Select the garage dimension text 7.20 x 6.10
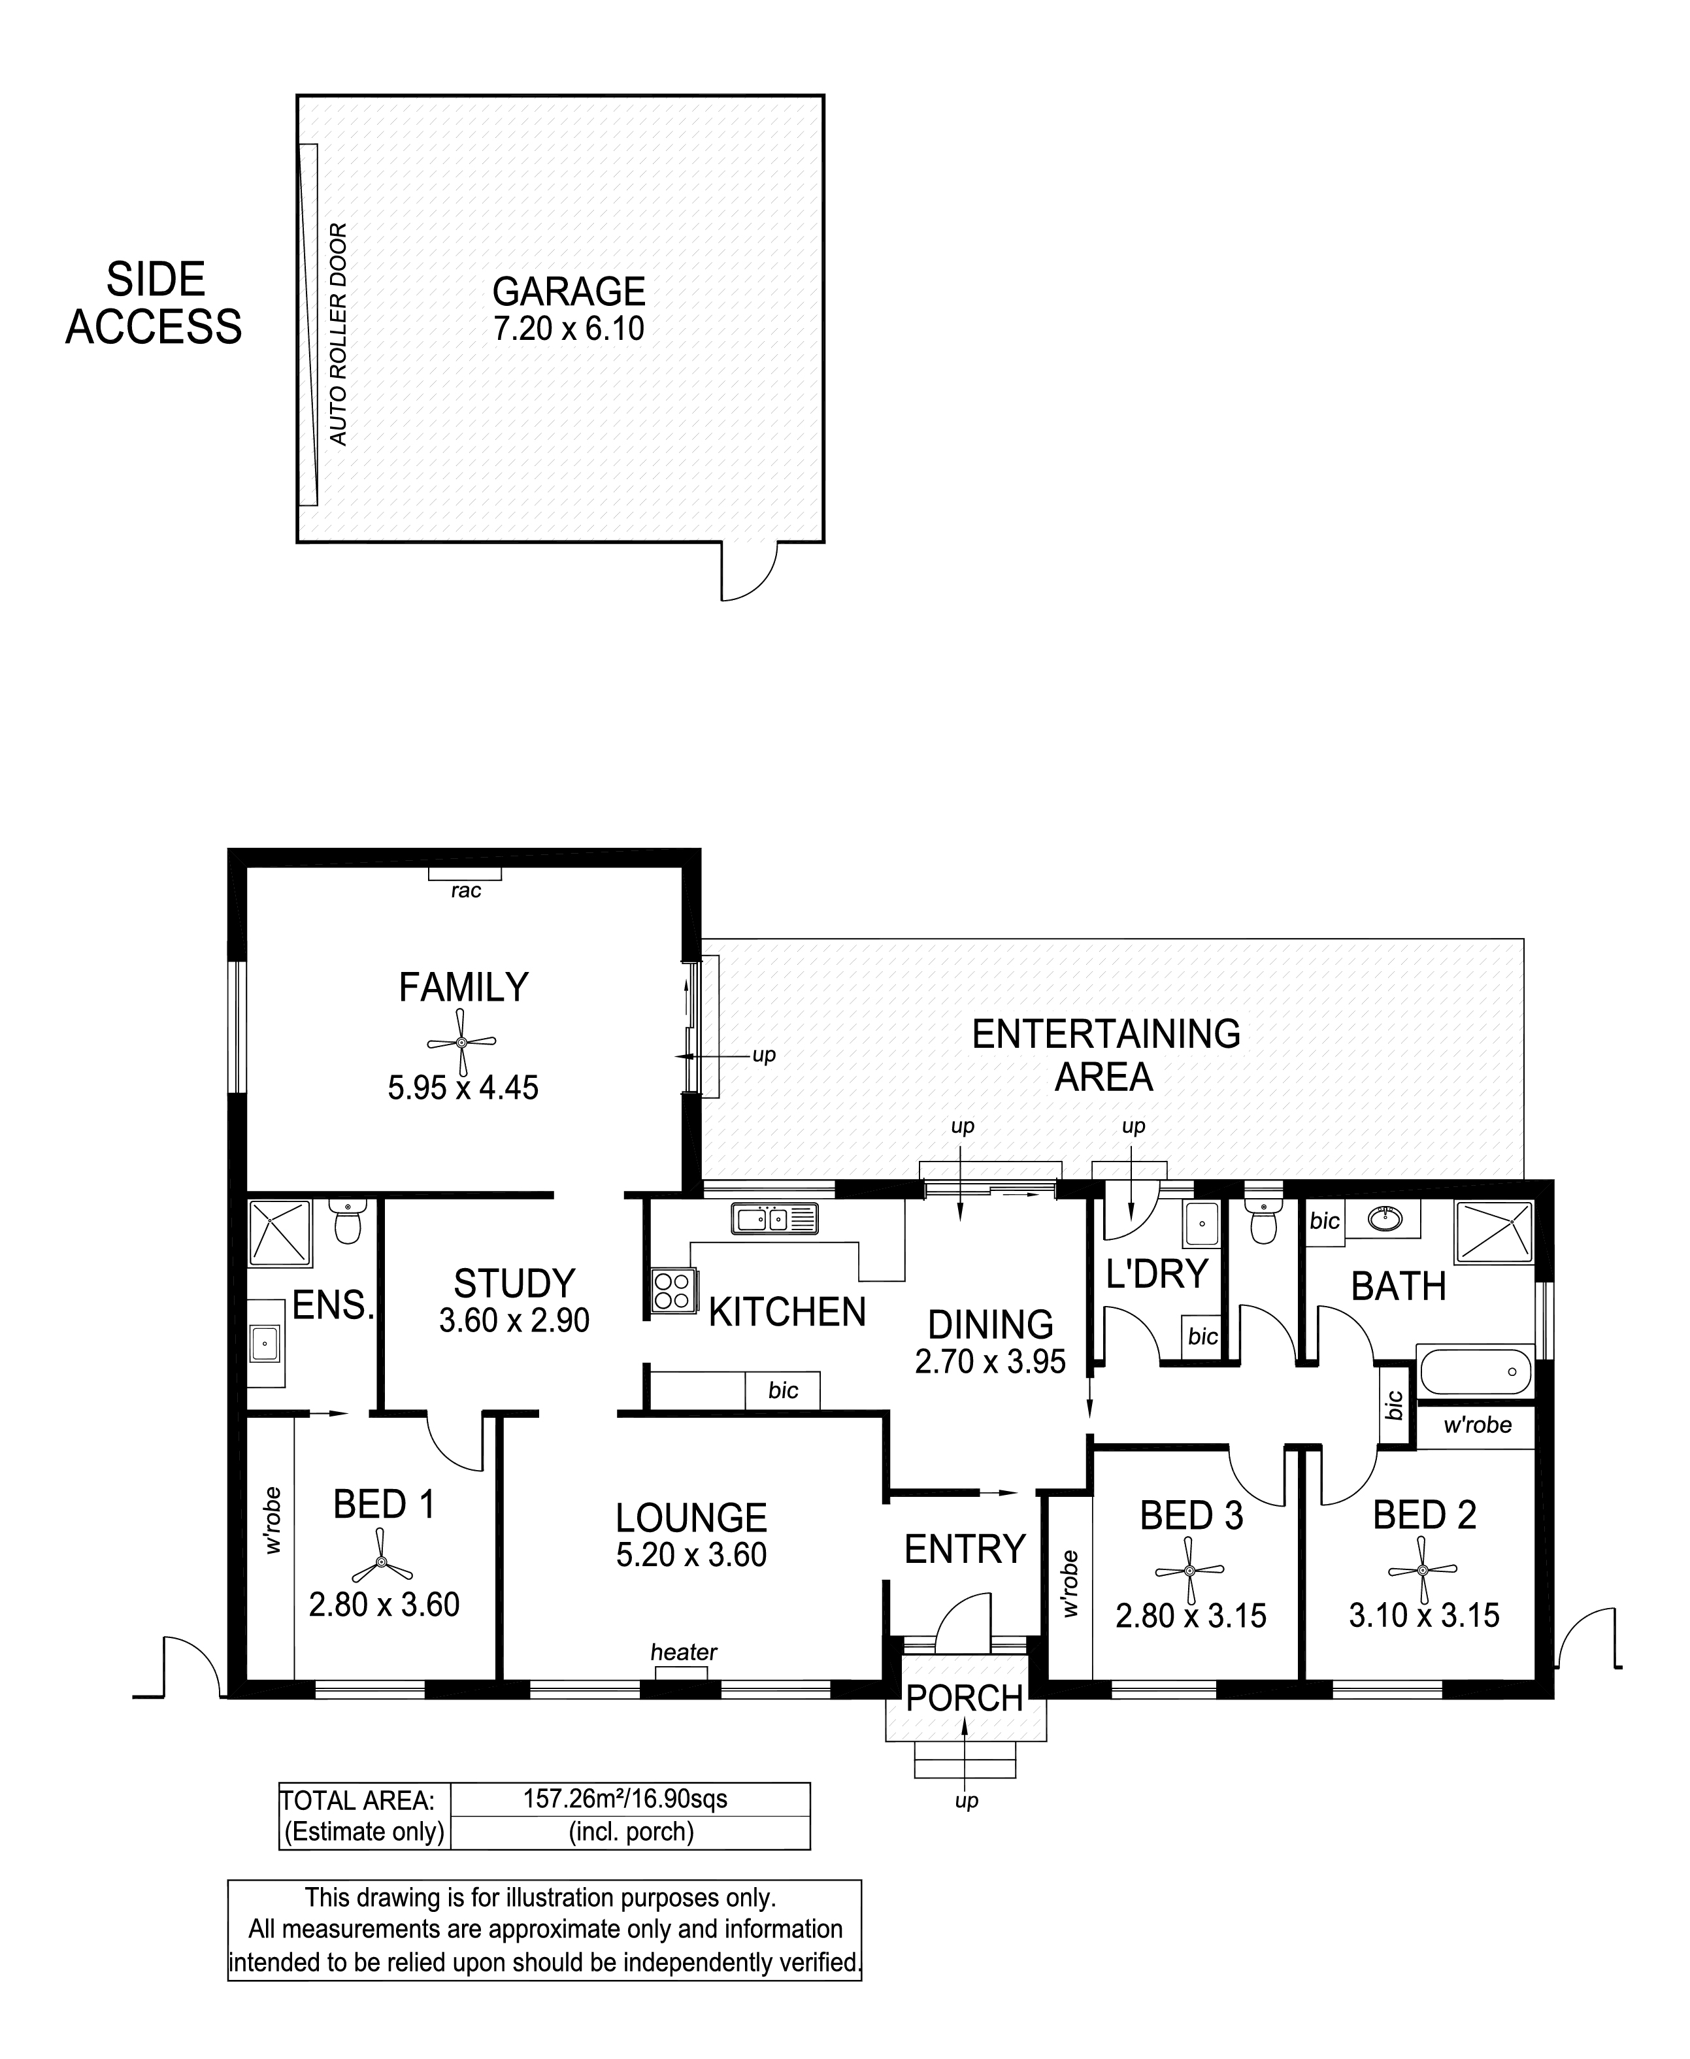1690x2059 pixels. pyautogui.click(x=569, y=329)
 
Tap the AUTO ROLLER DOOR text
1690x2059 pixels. pyautogui.click(x=338, y=334)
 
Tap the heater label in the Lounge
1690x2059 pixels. pyautogui.click(x=684, y=1652)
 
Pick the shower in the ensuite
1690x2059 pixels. pyautogui.click(x=280, y=1233)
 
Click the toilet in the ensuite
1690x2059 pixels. pyautogui.click(x=346, y=1224)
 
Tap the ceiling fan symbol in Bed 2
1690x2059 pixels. pyautogui.click(x=1422, y=1569)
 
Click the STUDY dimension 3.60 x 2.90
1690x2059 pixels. pyautogui.click(x=514, y=1321)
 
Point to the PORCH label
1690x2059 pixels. pyautogui.click(x=965, y=1699)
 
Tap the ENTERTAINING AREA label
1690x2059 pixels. pyautogui.click(x=1106, y=1055)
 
